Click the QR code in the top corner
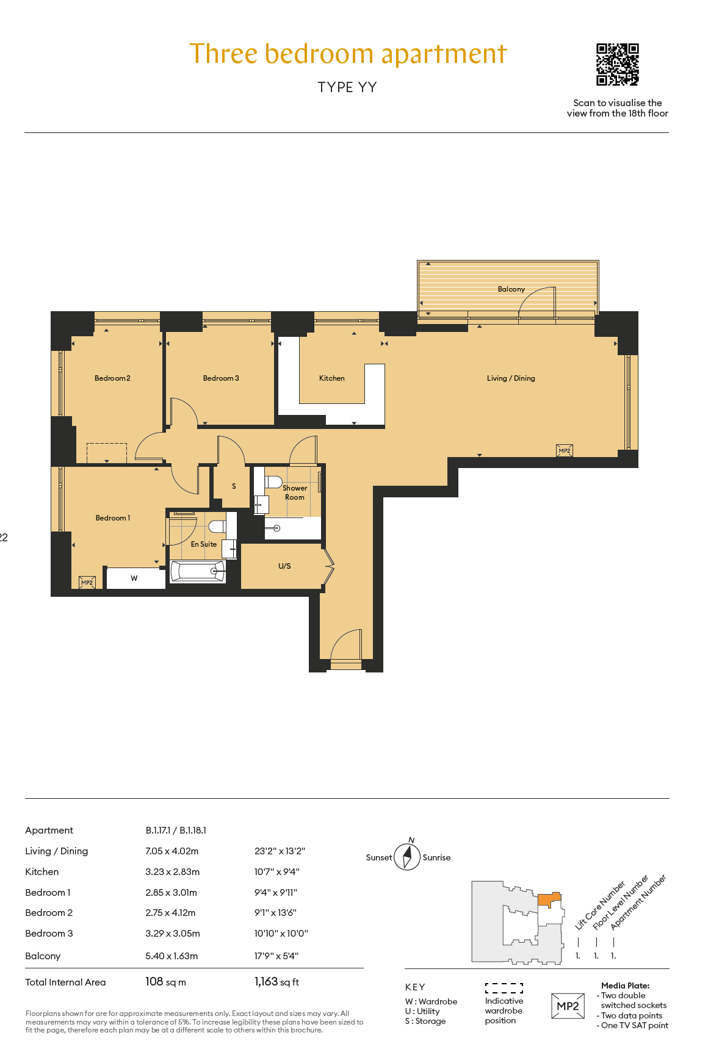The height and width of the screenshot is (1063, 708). tap(618, 64)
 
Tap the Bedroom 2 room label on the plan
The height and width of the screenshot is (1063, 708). tap(112, 378)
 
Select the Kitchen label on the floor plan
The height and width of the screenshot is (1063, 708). tap(332, 378)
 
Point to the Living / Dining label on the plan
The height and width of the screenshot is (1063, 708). tap(511, 378)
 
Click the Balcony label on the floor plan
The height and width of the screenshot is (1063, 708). tap(511, 289)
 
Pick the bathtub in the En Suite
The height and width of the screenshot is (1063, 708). tap(197, 571)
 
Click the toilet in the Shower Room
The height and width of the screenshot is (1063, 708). tap(273, 481)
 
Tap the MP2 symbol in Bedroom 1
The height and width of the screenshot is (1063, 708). tap(87, 583)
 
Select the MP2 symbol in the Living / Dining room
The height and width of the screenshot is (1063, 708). tap(565, 451)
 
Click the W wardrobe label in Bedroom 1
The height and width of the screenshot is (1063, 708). tap(134, 578)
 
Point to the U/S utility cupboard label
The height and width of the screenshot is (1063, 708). tap(284, 566)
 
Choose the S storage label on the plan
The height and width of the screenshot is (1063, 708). tap(234, 486)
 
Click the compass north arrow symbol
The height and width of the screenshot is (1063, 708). tap(408, 856)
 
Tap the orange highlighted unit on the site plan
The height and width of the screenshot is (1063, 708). tap(549, 899)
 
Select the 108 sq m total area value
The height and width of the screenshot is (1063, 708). tap(165, 982)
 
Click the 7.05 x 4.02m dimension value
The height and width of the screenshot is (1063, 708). tap(172, 851)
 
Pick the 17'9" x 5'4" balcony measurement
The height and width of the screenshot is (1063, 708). tap(276, 956)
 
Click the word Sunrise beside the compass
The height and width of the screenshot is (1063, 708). tap(436, 857)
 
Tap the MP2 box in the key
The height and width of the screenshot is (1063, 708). tap(568, 1006)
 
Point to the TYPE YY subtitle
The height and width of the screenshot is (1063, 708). tap(347, 87)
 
